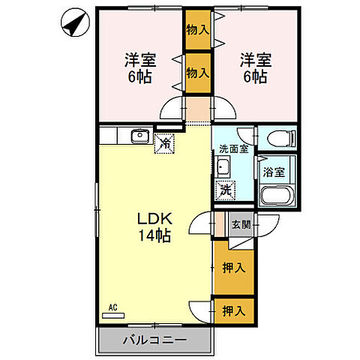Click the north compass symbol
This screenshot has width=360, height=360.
(75, 22)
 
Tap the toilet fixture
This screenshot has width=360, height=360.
(281, 138)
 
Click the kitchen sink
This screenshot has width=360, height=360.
(139, 136)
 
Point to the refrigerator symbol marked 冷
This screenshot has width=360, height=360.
(164, 143)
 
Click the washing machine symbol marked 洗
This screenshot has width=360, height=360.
(226, 190)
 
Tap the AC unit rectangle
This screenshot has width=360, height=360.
(113, 316)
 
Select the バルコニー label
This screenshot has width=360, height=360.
(155, 340)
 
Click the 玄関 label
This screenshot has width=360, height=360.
(241, 224)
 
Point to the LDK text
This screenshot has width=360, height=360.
(155, 219)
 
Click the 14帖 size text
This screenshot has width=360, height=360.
(155, 235)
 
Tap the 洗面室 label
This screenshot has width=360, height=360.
(234, 149)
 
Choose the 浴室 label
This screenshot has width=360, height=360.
(274, 172)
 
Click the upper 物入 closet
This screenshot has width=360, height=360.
(198, 30)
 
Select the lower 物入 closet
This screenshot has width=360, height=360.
(198, 73)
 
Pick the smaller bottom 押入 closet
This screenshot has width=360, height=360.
(234, 311)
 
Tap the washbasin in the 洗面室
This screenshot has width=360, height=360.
(222, 166)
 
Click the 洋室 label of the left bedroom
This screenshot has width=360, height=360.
(140, 60)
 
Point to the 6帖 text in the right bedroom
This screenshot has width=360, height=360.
(256, 76)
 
